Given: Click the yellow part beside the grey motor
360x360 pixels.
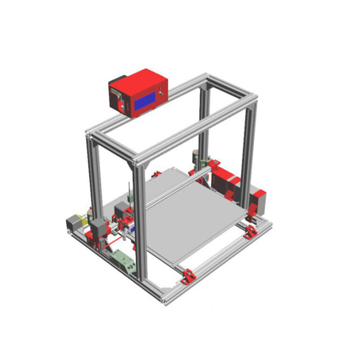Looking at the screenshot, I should point(85,219).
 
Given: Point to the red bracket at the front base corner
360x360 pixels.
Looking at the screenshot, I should point(188,276).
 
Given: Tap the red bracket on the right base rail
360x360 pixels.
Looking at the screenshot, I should point(250,231).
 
